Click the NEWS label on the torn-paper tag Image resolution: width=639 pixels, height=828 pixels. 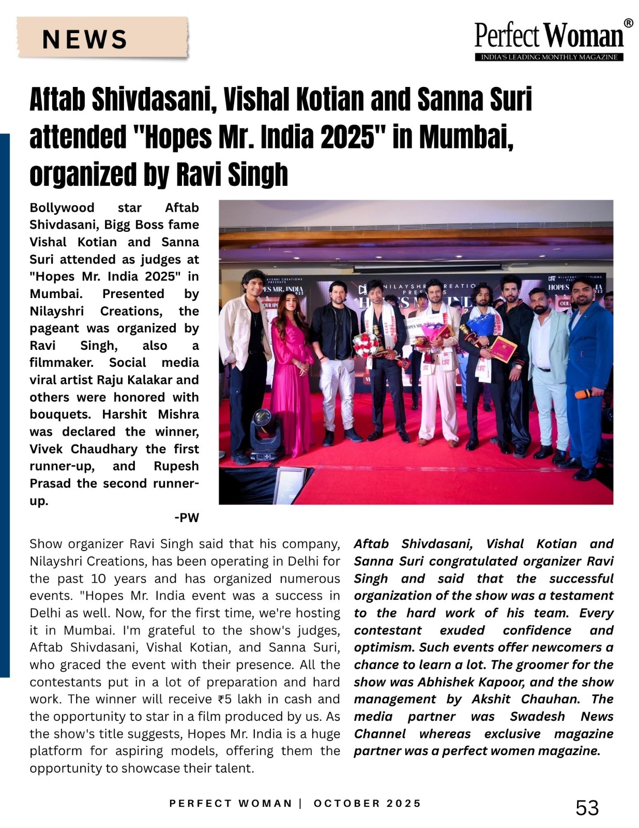point(84,39)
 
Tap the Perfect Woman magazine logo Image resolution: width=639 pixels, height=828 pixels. point(549,36)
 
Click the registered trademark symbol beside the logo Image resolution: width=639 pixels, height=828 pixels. point(628,23)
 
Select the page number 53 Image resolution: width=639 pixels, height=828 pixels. point(587,807)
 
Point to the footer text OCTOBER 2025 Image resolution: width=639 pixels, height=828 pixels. point(367,803)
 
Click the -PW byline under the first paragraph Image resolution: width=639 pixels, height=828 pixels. point(187,517)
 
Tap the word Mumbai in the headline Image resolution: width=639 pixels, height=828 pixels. point(466,137)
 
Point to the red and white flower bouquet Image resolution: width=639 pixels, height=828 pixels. point(366,344)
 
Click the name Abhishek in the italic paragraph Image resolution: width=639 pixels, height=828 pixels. point(447,682)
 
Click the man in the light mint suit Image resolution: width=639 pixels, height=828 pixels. point(548,378)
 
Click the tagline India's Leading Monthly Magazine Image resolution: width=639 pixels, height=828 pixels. point(549,57)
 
